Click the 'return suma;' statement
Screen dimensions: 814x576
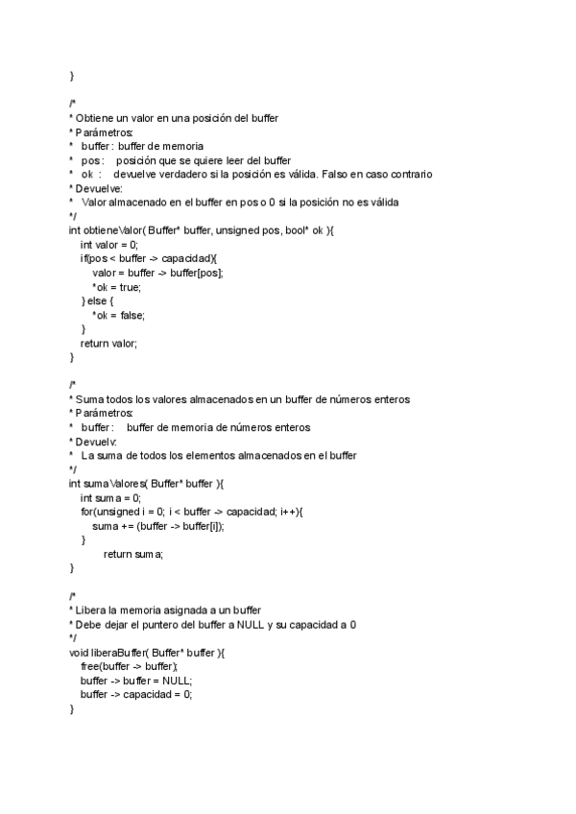pos(133,554)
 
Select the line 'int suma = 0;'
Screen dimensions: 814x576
pos(110,497)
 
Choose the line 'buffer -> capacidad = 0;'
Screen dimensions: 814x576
pos(136,694)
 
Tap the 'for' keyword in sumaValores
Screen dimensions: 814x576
pos(86,512)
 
